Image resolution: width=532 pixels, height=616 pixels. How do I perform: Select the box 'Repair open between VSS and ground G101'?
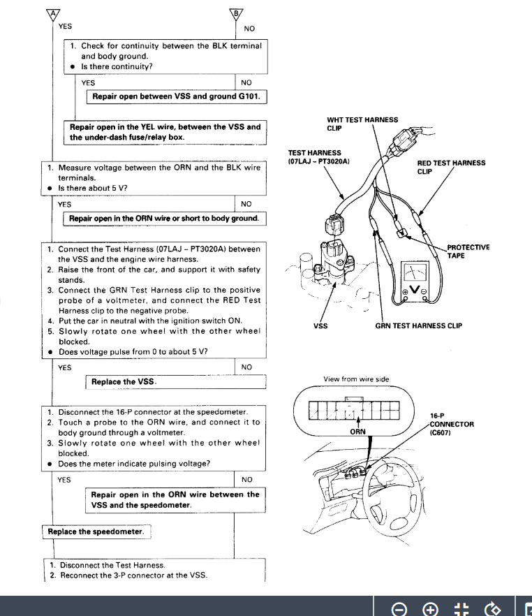click(x=177, y=96)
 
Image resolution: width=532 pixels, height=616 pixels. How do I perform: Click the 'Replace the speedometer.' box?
click(x=96, y=531)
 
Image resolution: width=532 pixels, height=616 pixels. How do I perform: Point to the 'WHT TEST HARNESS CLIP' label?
click(x=362, y=124)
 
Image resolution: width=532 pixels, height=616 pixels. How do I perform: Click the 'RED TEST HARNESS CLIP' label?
click(x=450, y=167)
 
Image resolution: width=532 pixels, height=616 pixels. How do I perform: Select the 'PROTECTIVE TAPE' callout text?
click(x=468, y=251)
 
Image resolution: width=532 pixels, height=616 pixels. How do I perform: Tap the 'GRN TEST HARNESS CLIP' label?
click(x=418, y=325)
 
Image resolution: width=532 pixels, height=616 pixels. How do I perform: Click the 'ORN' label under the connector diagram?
click(x=357, y=432)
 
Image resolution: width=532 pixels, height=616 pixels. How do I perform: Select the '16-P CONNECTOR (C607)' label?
click(x=452, y=424)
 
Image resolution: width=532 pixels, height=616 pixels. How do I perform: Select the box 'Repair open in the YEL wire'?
click(x=165, y=132)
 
